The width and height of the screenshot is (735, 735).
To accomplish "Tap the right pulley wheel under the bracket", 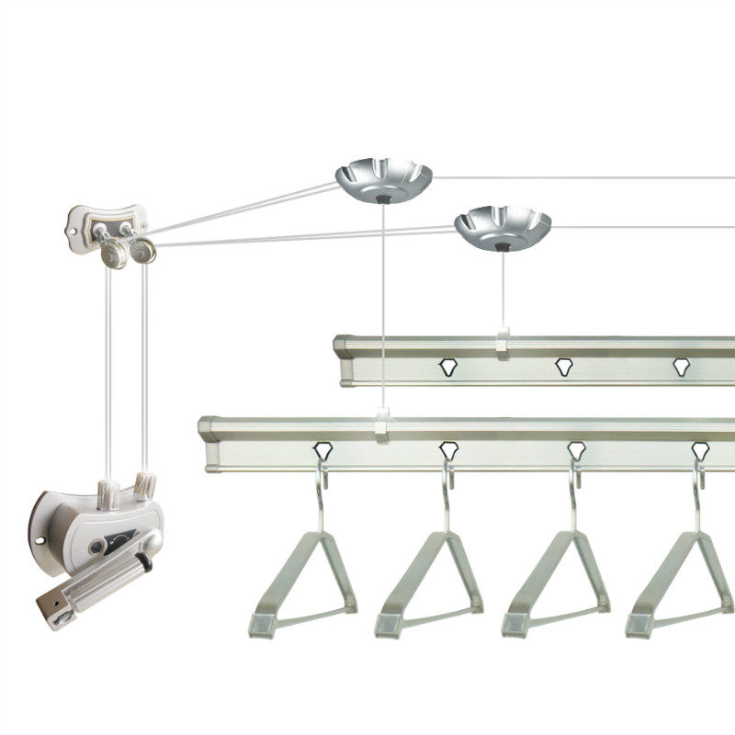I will (x=143, y=250).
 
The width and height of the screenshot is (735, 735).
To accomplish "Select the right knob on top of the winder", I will (x=145, y=483).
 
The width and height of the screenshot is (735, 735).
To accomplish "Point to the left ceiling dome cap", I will (x=382, y=178).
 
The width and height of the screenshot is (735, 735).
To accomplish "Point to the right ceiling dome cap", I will (x=503, y=227).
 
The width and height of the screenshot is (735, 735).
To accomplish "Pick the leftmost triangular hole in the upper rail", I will (x=447, y=367).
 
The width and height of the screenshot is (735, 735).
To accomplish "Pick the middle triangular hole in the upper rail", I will (x=563, y=367).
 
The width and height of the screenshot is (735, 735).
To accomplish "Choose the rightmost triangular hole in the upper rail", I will (x=681, y=367).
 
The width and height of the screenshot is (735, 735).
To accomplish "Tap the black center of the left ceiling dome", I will (x=382, y=197).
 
